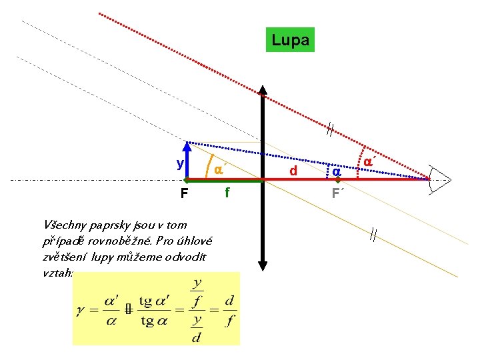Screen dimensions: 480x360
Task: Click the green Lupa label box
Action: tap(290, 40)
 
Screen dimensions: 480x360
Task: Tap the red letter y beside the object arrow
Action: tap(180, 163)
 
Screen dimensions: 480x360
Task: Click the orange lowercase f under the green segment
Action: tap(227, 193)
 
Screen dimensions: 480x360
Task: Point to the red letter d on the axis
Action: tap(293, 171)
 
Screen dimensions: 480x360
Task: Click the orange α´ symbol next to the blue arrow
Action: tap(218, 170)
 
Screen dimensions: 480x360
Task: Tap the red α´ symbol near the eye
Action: tap(369, 162)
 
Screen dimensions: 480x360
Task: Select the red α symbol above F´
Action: tap(337, 172)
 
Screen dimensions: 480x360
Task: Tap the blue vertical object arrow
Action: tap(189, 161)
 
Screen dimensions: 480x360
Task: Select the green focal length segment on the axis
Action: tap(226, 180)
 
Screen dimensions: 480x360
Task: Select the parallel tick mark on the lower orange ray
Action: tap(373, 235)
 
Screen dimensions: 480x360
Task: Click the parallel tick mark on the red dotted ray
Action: tap(329, 129)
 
